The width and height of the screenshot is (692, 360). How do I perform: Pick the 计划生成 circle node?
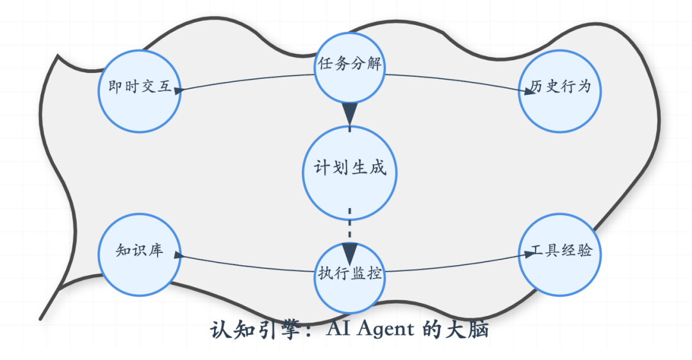coord(349,170)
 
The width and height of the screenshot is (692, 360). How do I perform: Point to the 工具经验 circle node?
coord(559,254)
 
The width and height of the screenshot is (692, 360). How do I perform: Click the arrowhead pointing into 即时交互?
coord(179,90)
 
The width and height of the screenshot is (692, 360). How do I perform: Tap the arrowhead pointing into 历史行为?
coord(529,92)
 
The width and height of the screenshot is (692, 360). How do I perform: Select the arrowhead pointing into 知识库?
coord(179,254)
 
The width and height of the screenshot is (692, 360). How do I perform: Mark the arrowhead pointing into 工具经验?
coord(529,254)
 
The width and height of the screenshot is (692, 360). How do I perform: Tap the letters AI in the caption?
coord(338,331)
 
